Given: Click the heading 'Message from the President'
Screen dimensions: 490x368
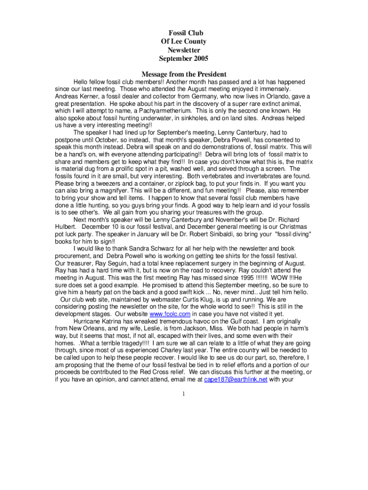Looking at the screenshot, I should [x=184, y=74].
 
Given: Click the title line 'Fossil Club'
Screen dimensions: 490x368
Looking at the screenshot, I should [x=184, y=33].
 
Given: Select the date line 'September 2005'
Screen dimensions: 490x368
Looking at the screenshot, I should [x=184, y=59].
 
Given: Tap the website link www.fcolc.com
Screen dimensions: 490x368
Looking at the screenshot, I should [x=170, y=314].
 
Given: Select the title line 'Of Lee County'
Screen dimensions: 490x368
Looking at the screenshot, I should [x=184, y=42].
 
